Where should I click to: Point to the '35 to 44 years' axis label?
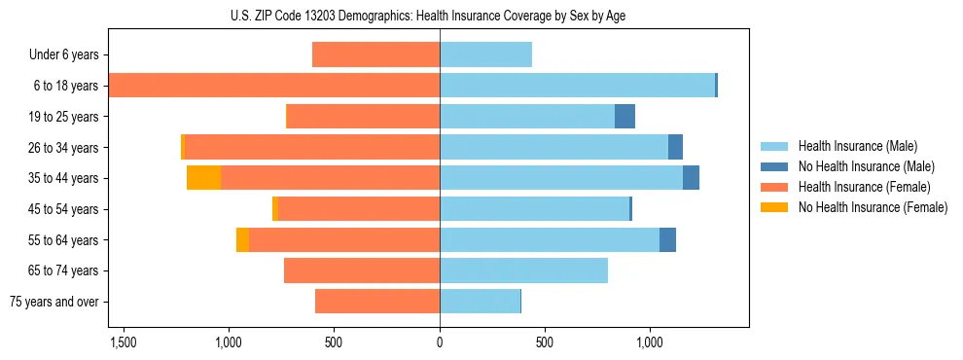[x=64, y=178]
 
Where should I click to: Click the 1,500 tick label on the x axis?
[x=124, y=342]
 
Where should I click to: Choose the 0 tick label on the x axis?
[x=440, y=342]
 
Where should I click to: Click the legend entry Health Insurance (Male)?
[x=857, y=146]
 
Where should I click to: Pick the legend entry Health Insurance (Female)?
[x=864, y=187]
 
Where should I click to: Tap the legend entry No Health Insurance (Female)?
[x=873, y=207]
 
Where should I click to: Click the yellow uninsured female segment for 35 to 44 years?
[x=203, y=178]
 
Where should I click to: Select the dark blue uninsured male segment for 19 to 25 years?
[x=624, y=117]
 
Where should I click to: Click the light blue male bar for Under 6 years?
[x=485, y=54]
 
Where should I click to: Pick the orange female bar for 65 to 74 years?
[x=362, y=270]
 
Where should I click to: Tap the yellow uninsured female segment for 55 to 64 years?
[x=242, y=239]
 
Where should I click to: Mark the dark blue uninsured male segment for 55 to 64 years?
[x=667, y=239]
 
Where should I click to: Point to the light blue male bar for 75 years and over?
[x=480, y=302]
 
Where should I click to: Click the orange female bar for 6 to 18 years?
[x=274, y=86]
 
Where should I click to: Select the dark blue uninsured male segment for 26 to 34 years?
[x=675, y=147]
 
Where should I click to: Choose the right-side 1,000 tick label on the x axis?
[x=650, y=342]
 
